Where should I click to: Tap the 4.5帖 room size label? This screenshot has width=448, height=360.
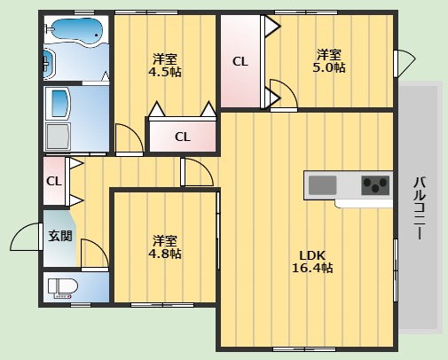coord(164,65)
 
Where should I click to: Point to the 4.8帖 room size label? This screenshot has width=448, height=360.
coord(164,247)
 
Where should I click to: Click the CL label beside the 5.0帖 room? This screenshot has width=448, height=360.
coord(240,62)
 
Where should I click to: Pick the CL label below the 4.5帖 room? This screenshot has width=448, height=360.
coord(182,137)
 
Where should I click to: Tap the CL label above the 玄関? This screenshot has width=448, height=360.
coord(53,181)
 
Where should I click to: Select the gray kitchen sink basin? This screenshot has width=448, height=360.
coord(323,185)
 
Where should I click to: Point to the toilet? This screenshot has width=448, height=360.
coord(64,287)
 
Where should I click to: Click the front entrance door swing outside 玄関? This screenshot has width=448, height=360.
coord(25,238)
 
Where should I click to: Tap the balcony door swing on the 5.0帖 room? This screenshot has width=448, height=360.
coord(405,63)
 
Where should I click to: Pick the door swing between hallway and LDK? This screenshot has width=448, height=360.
coord(197,174)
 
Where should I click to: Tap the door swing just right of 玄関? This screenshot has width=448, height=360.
coord(94,256)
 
